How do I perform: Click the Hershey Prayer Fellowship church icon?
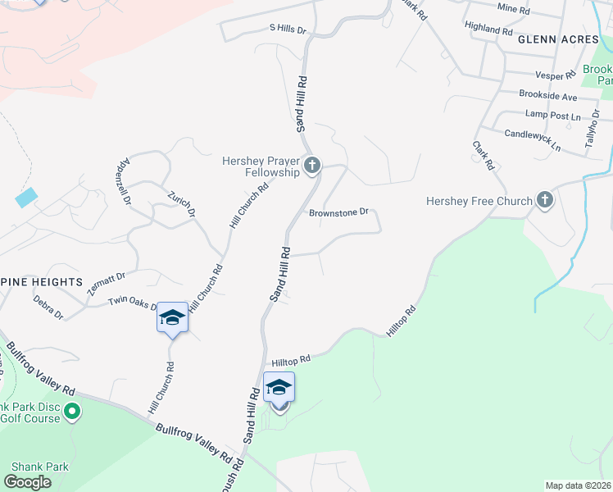pyautogui.click(x=311, y=166)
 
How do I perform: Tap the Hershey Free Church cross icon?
pyautogui.click(x=545, y=200)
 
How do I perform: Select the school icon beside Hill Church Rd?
pyautogui.click(x=172, y=317)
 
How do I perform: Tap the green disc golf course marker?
pyautogui.click(x=72, y=410)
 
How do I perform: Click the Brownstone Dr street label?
pyautogui.click(x=340, y=213)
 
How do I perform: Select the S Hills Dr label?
pyautogui.click(x=288, y=30)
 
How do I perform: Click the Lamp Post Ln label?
pyautogui.click(x=552, y=116)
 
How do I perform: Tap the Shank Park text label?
pyautogui.click(x=36, y=467)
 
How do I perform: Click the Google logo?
pyautogui.click(x=27, y=481)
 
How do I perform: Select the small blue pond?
pyautogui.click(x=26, y=197)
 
